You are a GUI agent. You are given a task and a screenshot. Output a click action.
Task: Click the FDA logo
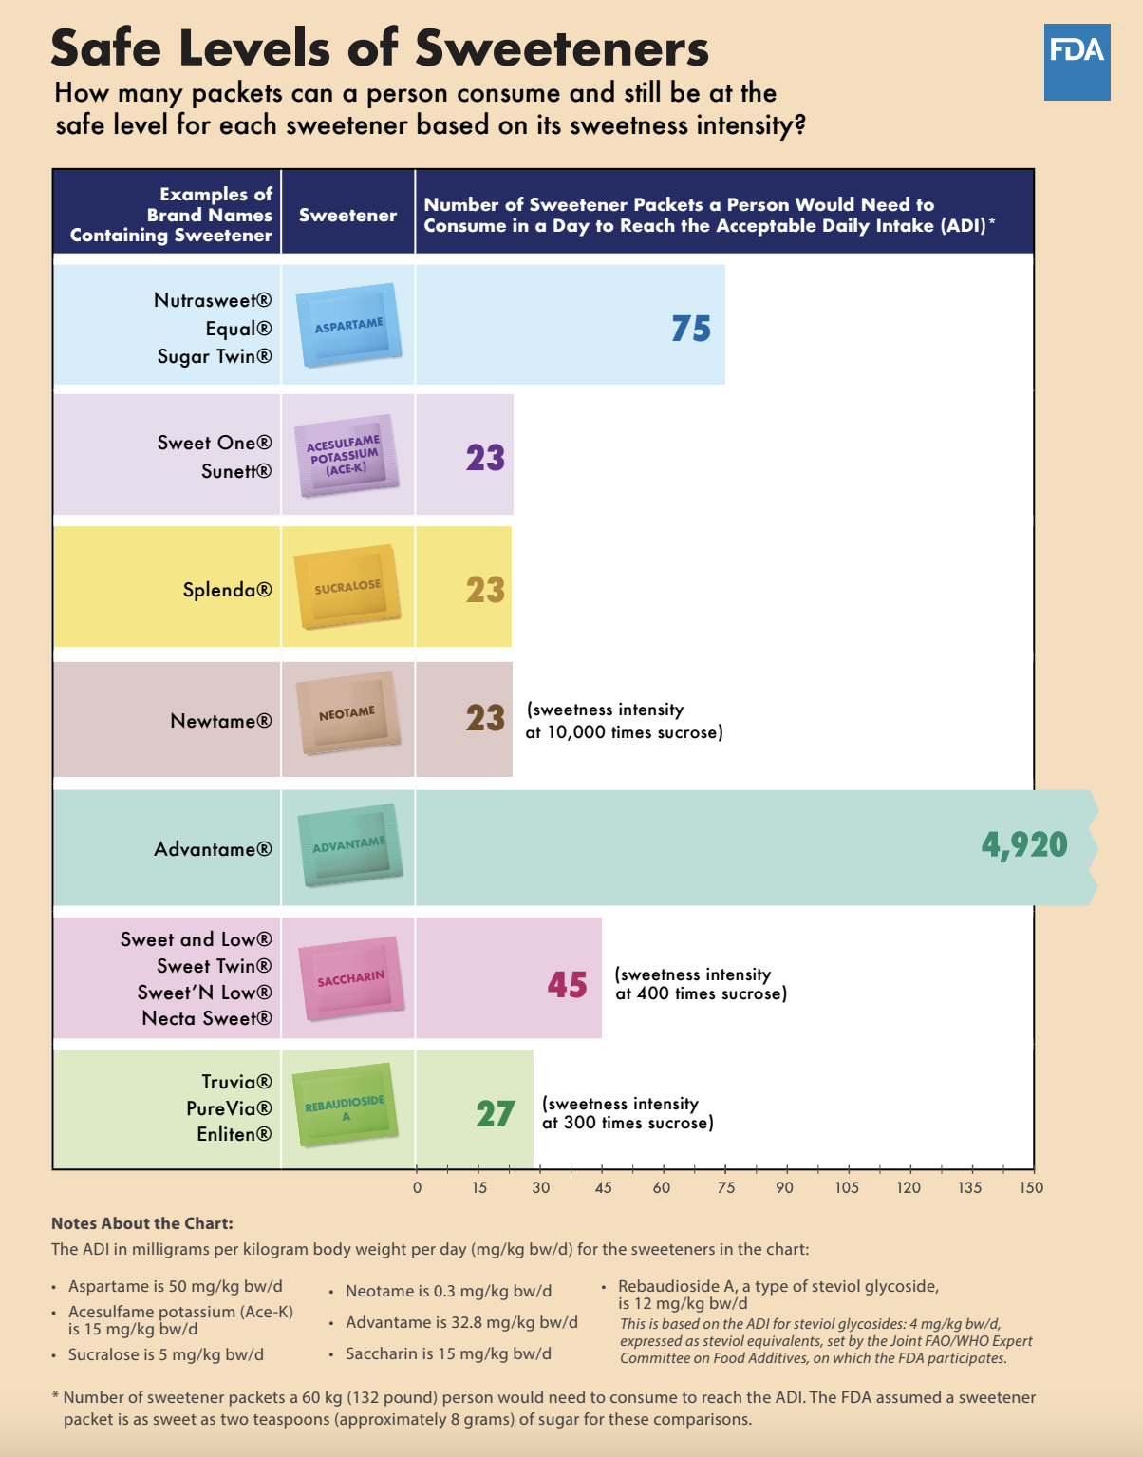[1077, 62]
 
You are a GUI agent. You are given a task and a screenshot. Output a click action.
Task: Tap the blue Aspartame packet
[348, 325]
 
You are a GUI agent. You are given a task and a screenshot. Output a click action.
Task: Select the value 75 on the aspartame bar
[690, 329]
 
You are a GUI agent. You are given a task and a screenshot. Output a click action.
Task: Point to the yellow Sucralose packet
[347, 587]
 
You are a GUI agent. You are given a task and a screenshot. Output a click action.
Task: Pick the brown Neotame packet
[347, 713]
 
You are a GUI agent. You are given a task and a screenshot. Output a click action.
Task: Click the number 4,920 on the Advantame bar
[1023, 844]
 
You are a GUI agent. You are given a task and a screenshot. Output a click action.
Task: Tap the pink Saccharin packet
[350, 978]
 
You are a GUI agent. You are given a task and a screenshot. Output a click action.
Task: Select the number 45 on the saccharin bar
[567, 985]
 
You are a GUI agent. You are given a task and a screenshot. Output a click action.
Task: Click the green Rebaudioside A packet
[345, 1106]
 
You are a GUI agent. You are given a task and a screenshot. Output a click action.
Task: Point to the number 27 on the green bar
[495, 1114]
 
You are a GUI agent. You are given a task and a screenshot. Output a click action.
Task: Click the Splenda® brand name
[227, 590]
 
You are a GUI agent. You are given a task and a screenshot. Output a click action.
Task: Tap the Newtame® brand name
[220, 721]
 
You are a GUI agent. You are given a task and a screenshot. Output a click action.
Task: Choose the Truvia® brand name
[236, 1082]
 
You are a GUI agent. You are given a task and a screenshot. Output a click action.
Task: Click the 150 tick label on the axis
[1031, 1187]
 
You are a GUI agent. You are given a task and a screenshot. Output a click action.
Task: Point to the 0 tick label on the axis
[417, 1187]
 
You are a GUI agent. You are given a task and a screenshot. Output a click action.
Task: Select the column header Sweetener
[347, 215]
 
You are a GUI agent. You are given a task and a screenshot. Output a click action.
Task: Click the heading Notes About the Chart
[141, 1223]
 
